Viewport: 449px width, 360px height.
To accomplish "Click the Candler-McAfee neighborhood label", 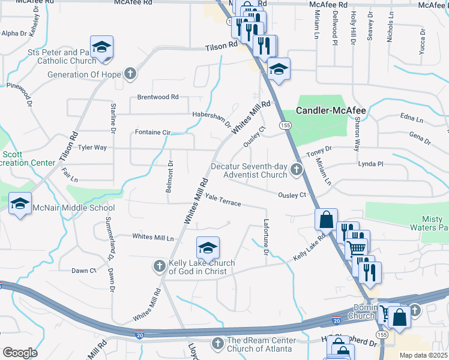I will [x=331, y=110].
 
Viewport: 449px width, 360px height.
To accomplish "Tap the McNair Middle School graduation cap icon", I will [x=20, y=203].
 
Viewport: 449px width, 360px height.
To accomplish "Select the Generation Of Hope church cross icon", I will [x=130, y=74].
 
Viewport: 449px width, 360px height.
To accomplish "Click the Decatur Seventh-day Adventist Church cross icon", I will [x=296, y=170].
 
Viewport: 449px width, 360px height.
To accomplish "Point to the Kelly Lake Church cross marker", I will [x=160, y=266].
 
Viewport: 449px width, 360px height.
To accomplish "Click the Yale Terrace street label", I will [x=223, y=200].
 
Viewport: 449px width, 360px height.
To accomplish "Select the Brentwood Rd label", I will [x=158, y=97].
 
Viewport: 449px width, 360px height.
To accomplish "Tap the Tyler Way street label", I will [x=92, y=147].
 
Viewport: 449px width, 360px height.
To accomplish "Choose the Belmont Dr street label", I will [x=170, y=176].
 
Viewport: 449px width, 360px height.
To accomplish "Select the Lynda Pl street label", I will [x=370, y=164].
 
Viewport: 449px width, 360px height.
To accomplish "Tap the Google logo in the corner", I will [x=20, y=353].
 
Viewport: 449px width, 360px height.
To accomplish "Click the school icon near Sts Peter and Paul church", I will [x=102, y=47].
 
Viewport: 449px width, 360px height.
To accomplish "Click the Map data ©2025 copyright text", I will [x=423, y=355].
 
